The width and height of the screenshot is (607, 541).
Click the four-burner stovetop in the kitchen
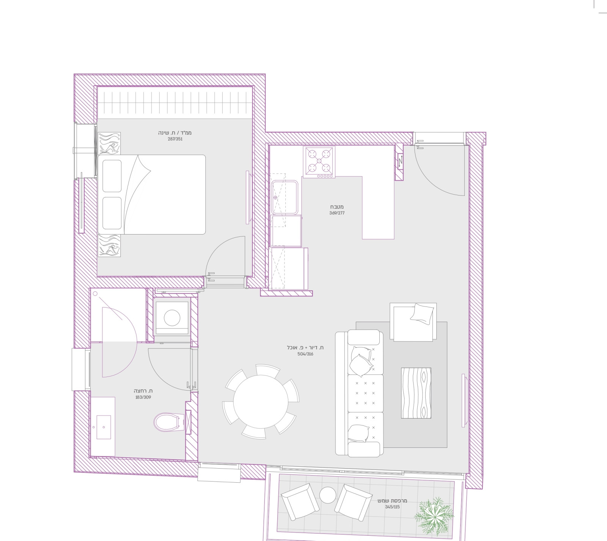(319, 162)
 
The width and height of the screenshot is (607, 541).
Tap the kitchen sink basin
(285, 197)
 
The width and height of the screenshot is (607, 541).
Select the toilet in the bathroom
(167, 422)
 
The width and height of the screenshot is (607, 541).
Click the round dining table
(261, 402)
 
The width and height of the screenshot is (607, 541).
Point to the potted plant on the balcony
(434, 514)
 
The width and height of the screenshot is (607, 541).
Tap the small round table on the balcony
(327, 495)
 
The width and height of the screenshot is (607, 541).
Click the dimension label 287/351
(175, 139)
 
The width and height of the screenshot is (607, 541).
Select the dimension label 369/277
(337, 213)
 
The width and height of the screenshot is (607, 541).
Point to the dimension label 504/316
(305, 354)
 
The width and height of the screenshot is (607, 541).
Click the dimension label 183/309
(143, 397)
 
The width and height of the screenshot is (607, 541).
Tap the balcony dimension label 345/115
(392, 507)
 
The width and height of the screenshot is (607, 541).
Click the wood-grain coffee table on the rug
(416, 393)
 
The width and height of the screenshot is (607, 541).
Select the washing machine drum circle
(172, 318)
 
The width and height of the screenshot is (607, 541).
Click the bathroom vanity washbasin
(104, 427)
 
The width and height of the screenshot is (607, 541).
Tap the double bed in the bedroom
(152, 194)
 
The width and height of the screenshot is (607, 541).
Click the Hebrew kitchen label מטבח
(337, 207)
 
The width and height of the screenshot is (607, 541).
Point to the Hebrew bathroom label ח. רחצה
(143, 391)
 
